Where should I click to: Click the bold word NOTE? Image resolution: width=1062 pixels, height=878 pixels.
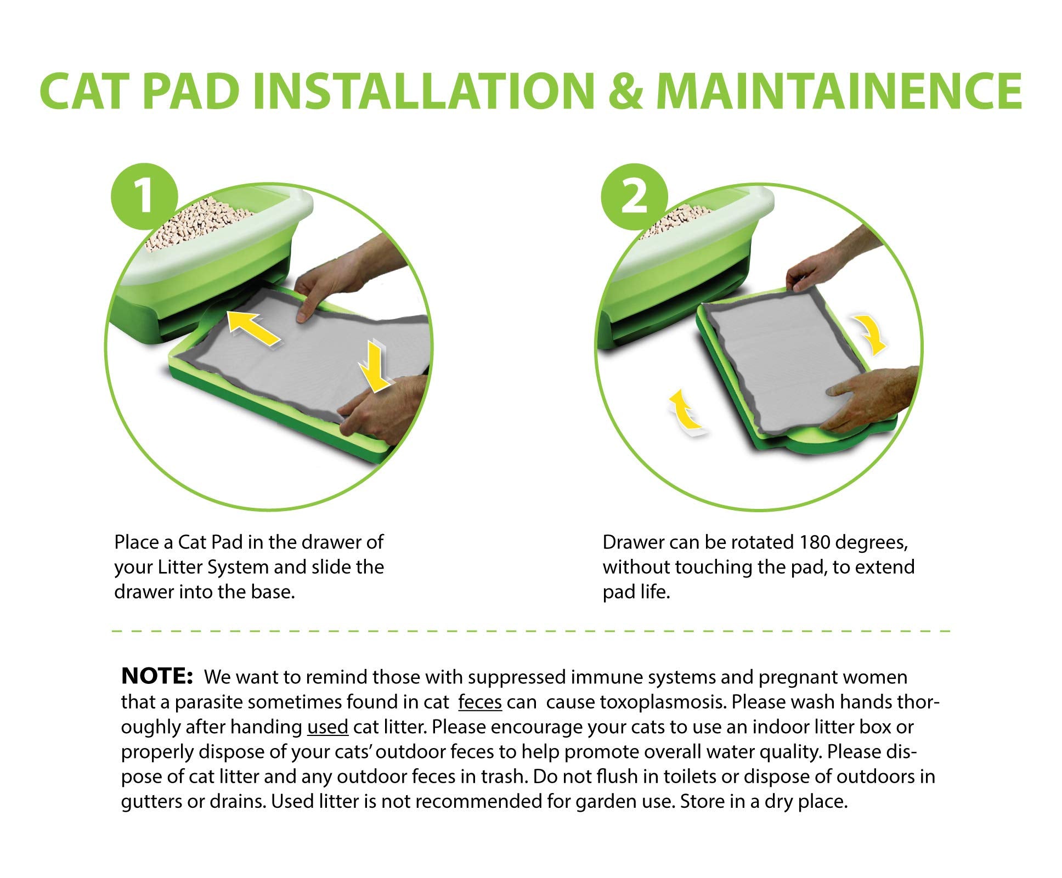click(x=156, y=676)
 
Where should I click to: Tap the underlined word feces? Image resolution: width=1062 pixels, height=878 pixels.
click(x=480, y=702)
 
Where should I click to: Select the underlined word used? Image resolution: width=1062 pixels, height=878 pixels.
click(x=327, y=727)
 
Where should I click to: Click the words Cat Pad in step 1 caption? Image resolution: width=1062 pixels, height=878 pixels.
click(x=211, y=542)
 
